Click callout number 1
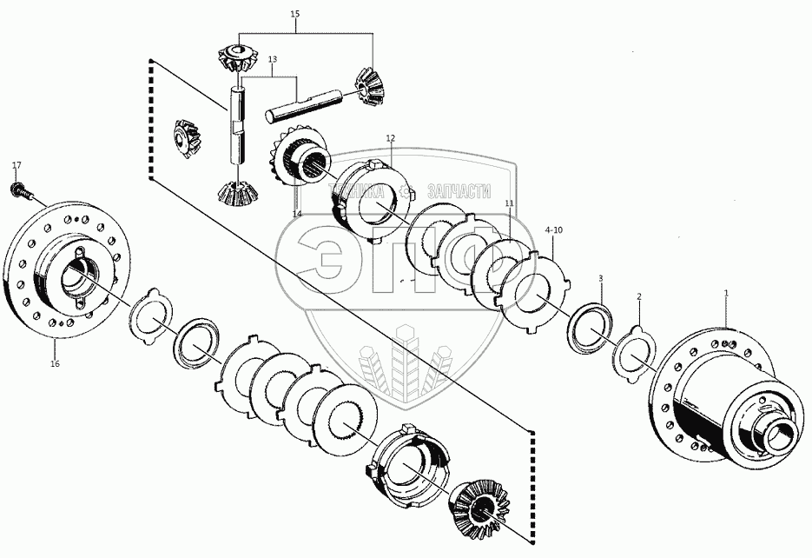pyautogui.click(x=727, y=295)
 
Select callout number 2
pyautogui.click(x=640, y=297)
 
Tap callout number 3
pyautogui.click(x=599, y=278)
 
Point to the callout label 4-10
pyautogui.click(x=554, y=229)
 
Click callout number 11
pyautogui.click(x=510, y=203)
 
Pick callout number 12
pyautogui.click(x=391, y=138)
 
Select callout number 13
pyautogui.click(x=272, y=59)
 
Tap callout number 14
pyautogui.click(x=297, y=214)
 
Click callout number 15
pyautogui.click(x=295, y=15)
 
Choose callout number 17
pyautogui.click(x=16, y=164)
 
